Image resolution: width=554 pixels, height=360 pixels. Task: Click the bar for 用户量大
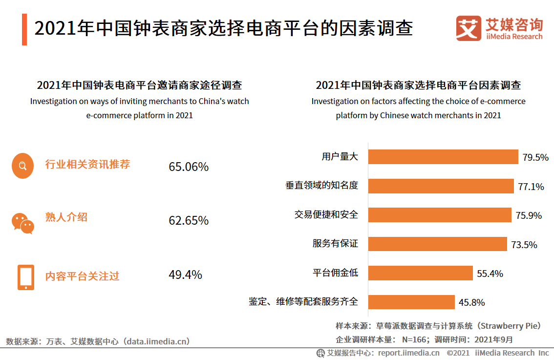443,157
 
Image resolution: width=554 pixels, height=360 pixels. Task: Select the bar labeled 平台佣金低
420,273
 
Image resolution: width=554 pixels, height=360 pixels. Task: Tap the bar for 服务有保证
437,244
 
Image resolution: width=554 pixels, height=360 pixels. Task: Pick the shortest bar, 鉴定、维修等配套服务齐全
411,302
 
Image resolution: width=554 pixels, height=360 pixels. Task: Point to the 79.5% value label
535,157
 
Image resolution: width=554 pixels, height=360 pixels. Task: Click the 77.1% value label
531,187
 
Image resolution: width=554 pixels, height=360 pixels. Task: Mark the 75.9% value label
529,215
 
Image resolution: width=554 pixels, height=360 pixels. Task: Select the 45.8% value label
471,302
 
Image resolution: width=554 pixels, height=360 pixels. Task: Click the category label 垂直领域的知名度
321,186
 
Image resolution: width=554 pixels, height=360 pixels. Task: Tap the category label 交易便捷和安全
326,214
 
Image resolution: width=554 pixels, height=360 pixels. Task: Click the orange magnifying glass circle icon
22,166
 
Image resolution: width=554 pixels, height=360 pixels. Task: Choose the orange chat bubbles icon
23,223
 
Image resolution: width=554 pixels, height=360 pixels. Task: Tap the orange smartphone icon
26,277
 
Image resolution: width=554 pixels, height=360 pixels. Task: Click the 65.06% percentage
189,167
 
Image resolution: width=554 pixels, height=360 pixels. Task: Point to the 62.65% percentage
189,221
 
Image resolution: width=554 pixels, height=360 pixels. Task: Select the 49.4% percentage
185,275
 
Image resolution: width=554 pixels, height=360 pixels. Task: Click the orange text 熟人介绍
66,217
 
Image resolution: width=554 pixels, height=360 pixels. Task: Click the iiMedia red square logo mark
469,28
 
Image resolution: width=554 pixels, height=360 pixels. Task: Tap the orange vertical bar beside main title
24,29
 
